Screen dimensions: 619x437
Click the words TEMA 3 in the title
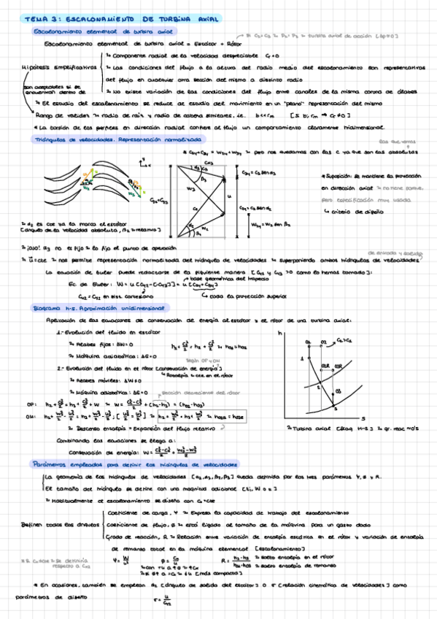pos(34,18)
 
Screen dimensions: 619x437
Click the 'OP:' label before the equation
pos(30,404)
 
